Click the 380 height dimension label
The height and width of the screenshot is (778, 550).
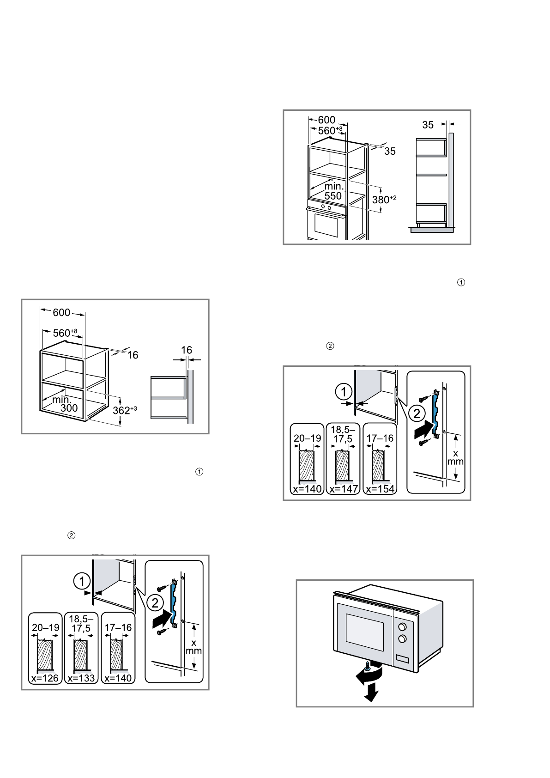[384, 200]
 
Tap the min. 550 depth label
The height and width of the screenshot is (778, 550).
[333, 191]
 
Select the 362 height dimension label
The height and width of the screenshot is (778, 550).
[125, 410]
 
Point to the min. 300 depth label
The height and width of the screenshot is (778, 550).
[65, 404]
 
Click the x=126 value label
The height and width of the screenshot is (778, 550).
[45, 678]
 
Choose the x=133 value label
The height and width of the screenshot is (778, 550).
[81, 678]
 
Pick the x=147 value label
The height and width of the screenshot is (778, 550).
[344, 489]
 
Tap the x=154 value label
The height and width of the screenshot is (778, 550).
[380, 489]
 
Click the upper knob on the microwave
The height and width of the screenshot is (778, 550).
[402, 626]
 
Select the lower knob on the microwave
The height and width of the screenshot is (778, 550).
[402, 638]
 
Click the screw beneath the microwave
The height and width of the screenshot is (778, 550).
[368, 665]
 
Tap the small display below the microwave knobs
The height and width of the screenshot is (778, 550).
[403, 658]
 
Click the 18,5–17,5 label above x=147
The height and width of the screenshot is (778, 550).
[343, 434]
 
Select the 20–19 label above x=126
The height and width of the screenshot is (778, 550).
[45, 627]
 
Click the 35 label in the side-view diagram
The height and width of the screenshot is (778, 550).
[428, 125]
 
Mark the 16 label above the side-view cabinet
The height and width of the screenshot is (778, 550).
[187, 350]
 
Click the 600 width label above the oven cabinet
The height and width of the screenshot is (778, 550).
[327, 120]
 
